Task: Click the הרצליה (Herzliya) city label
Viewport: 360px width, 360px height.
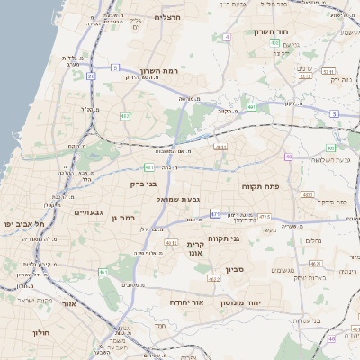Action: pos(168,17)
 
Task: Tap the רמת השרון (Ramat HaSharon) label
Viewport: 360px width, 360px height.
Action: pos(161,71)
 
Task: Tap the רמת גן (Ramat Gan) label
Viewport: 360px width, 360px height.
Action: pos(118,218)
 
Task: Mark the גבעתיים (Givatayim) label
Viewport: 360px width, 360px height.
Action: pos(93,211)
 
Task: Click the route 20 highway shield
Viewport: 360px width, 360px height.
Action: pos(91,76)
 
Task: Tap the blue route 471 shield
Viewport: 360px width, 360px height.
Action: pos(214,214)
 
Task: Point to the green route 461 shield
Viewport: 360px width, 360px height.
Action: pos(104,272)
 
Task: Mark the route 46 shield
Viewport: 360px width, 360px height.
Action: pos(331,338)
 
